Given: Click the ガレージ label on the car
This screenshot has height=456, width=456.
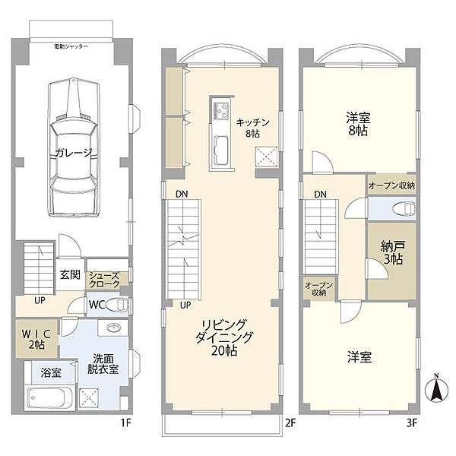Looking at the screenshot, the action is [74, 153].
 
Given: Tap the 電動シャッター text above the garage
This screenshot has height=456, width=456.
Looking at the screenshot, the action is [71, 46].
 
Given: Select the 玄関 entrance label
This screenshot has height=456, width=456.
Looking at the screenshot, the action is [70, 274].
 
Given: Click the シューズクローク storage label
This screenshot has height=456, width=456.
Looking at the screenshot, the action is [104, 280].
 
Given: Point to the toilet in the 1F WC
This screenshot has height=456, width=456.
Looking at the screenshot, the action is [117, 305].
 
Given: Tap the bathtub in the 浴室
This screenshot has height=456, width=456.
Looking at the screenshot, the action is [49, 397].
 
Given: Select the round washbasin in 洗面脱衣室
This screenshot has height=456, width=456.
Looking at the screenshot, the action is [113, 328].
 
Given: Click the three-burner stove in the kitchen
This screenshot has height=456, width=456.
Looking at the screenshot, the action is [220, 110].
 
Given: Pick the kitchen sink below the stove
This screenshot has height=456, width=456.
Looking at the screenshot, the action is [221, 150].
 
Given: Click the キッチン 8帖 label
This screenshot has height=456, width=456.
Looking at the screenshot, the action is [252, 128].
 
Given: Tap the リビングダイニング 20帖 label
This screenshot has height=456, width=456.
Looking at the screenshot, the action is [224, 337].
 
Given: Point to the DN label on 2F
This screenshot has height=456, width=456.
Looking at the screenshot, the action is [182, 194].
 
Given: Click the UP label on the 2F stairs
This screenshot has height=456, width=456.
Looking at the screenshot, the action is [185, 305].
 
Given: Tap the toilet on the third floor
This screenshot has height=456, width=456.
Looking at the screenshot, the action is [404, 209].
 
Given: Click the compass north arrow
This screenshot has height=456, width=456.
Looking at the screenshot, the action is [436, 389].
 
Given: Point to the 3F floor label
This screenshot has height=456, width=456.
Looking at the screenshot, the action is [411, 423].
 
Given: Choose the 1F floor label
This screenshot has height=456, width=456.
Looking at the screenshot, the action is [126, 423].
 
